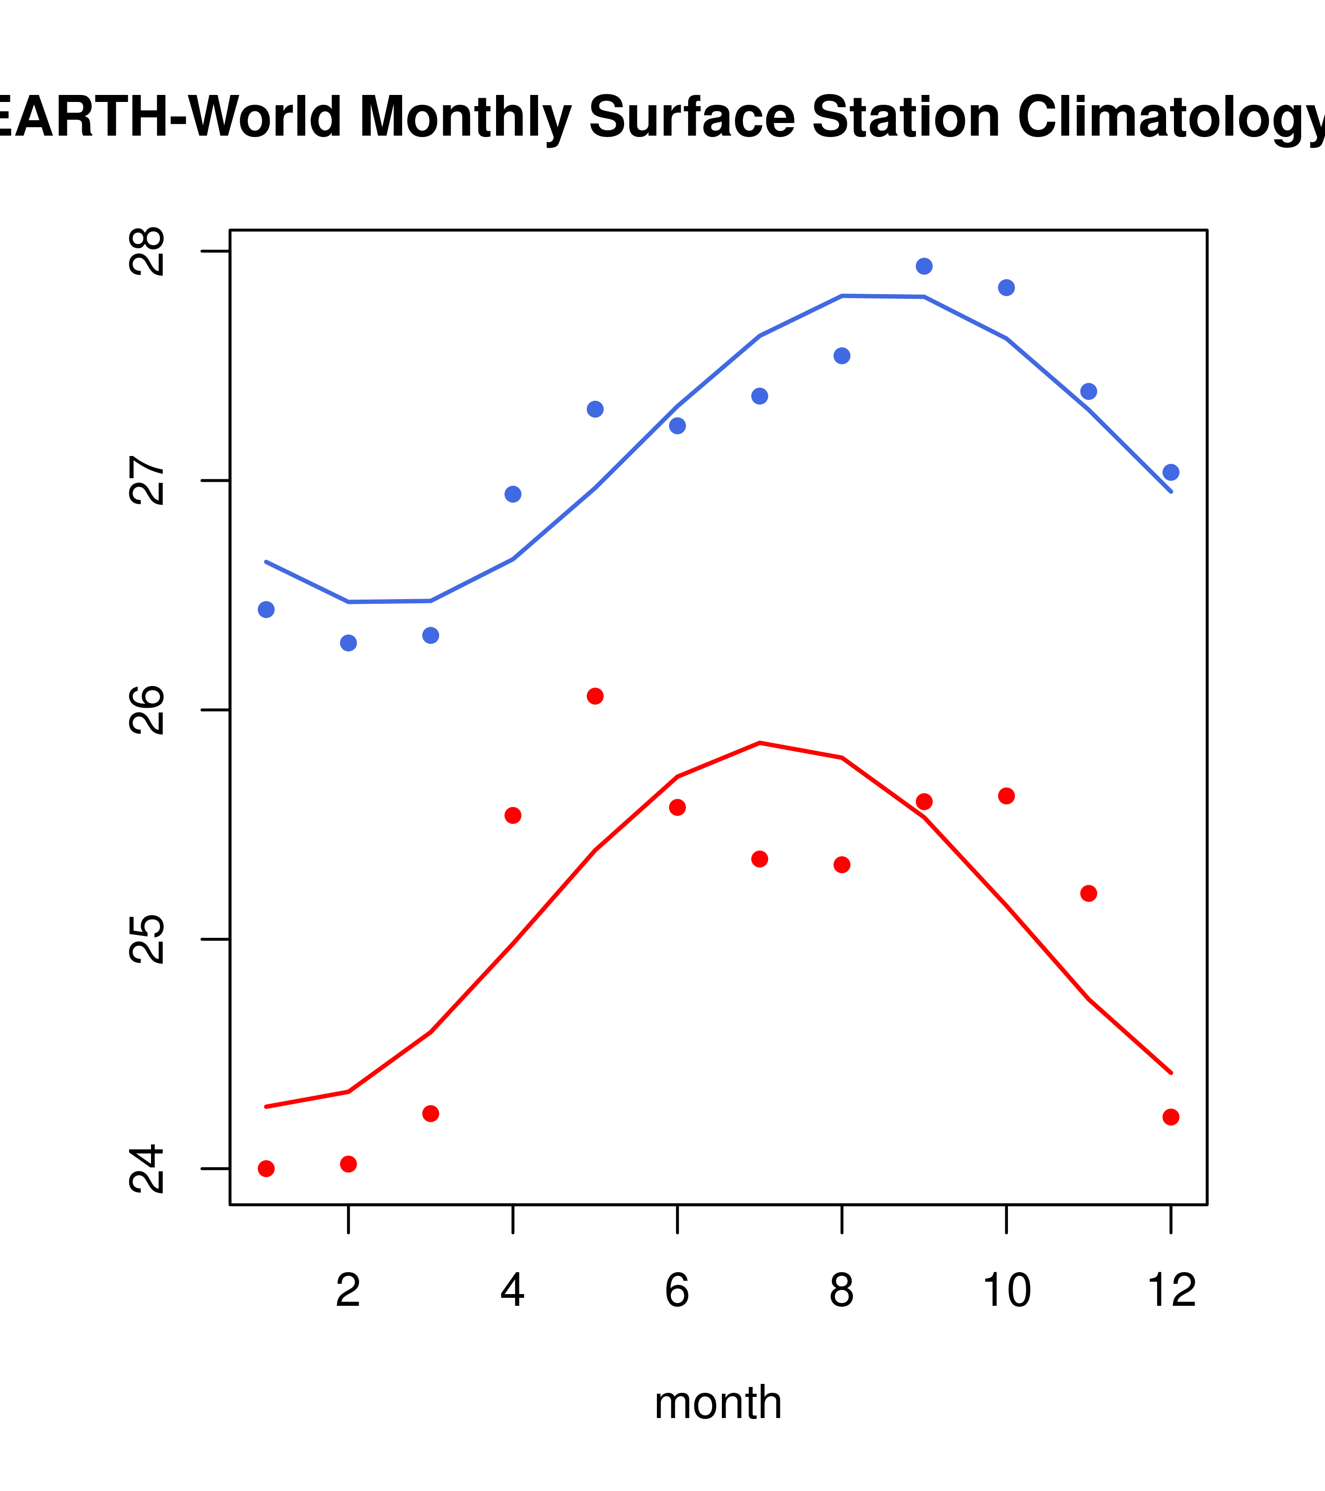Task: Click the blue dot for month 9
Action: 924,266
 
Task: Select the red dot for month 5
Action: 595,696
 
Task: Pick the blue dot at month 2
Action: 349,643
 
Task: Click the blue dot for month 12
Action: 1170,473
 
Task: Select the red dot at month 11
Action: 1088,894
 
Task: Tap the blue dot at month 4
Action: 512,494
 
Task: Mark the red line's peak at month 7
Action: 760,743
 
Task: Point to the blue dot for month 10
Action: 1006,288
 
